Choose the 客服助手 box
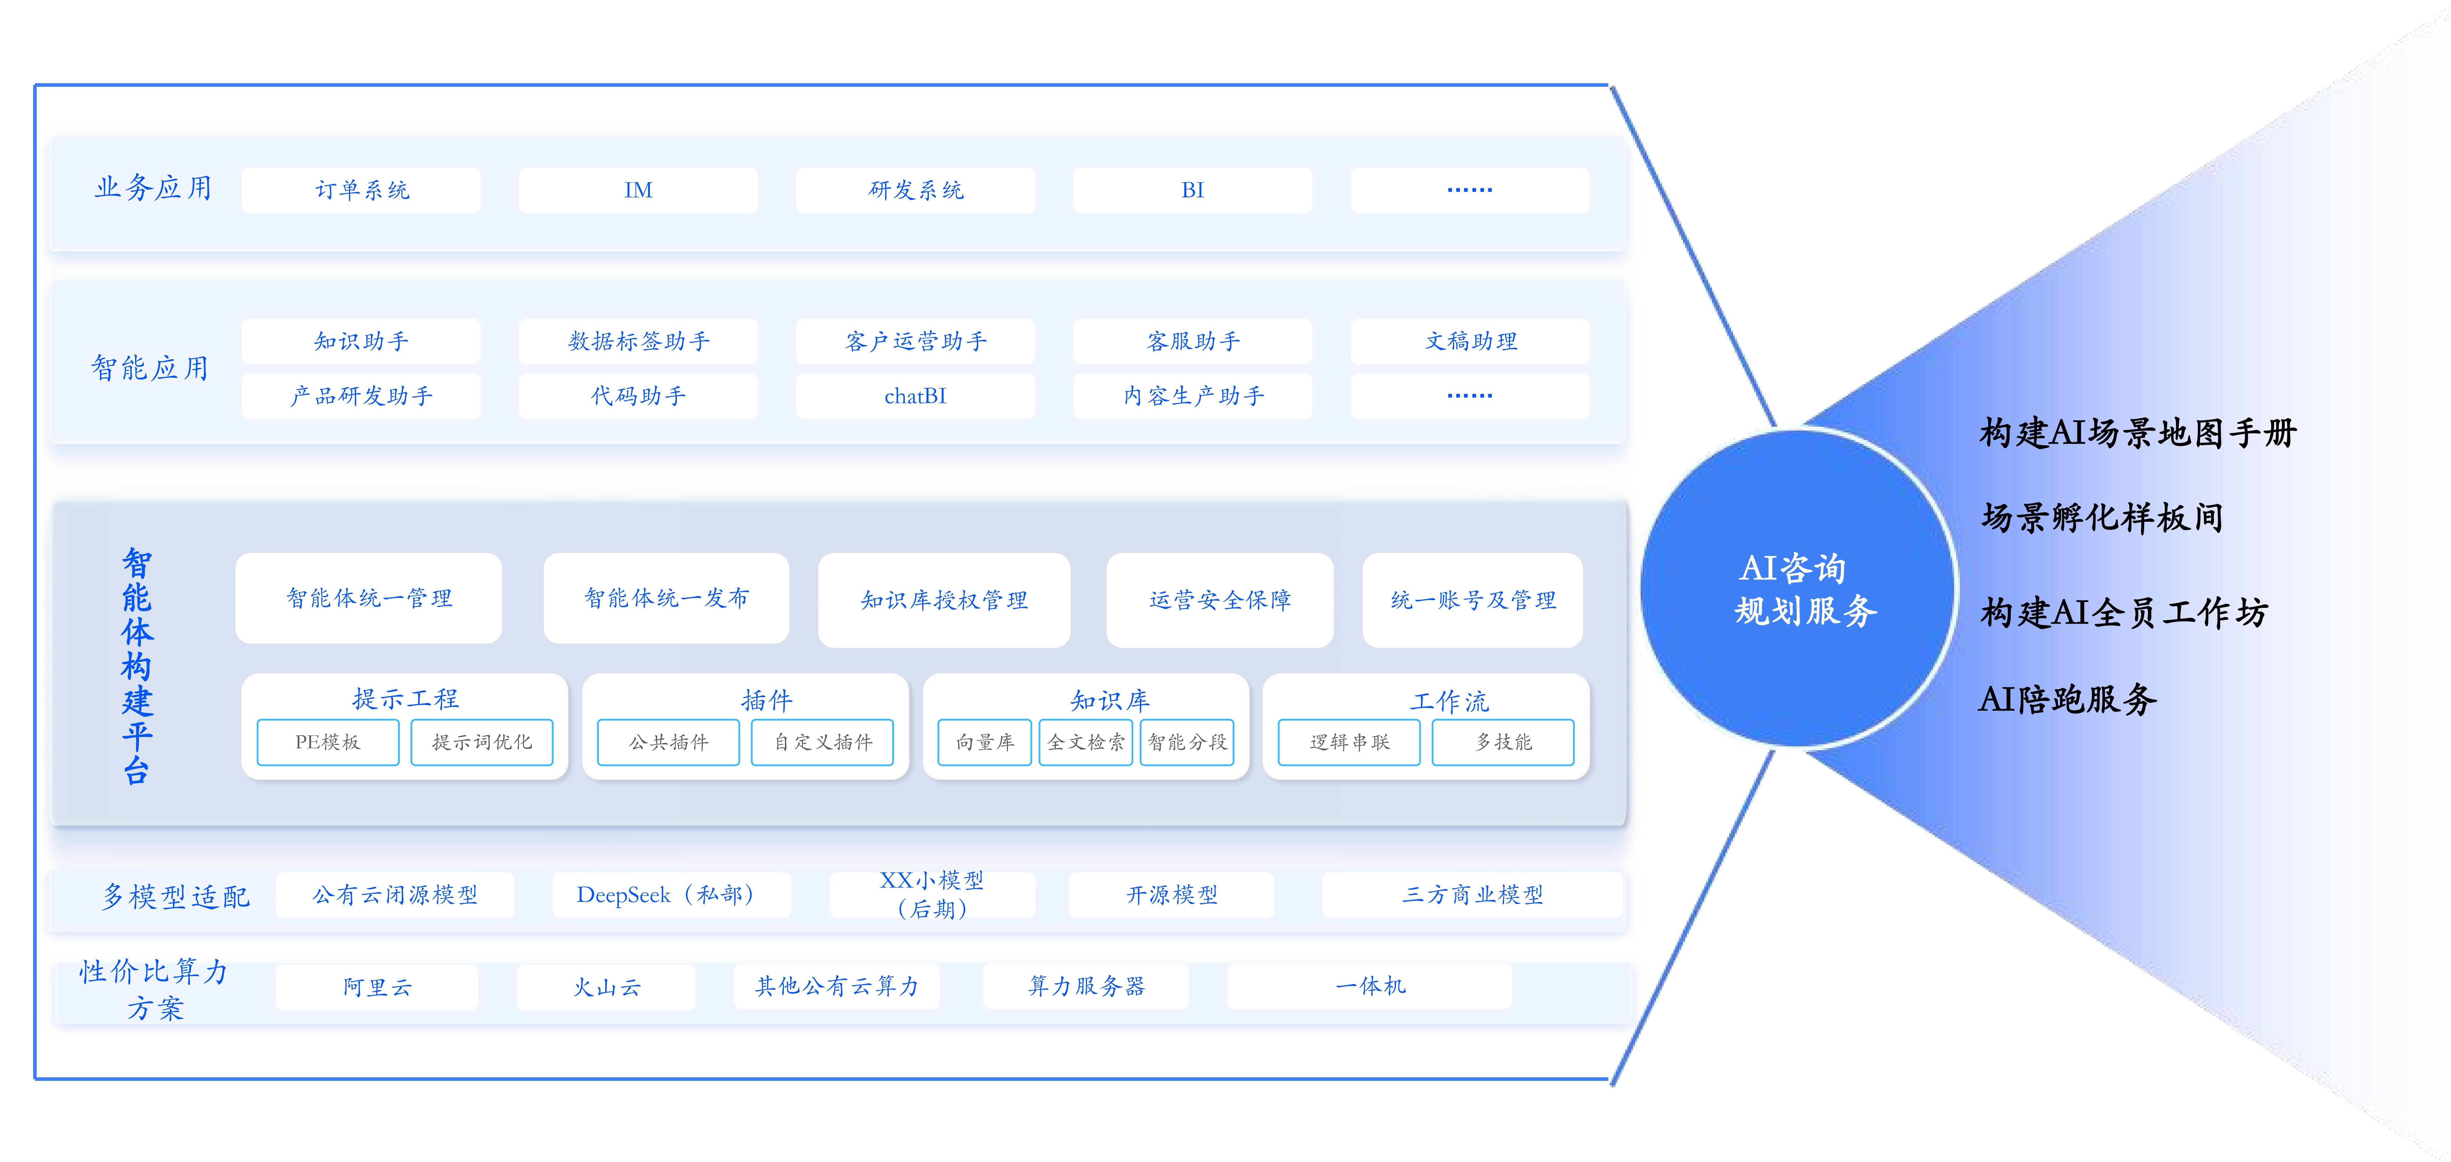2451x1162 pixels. click(1192, 341)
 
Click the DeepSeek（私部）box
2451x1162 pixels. click(671, 894)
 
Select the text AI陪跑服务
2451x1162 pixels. click(2066, 699)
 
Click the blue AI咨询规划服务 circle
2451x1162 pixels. click(1798, 588)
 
